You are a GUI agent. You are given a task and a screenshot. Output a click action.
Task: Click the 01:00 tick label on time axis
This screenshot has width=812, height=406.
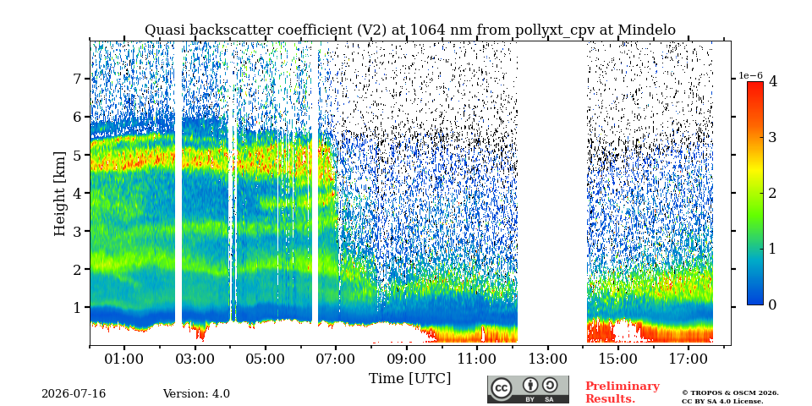[124, 359]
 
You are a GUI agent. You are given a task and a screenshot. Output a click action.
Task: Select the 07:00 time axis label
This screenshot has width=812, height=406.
[336, 359]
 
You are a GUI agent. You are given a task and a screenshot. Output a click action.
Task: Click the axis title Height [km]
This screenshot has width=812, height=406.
[60, 194]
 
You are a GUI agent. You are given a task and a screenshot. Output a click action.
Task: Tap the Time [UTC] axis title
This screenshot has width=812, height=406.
[409, 379]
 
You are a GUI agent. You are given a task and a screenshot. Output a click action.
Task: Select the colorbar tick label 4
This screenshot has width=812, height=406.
[772, 81]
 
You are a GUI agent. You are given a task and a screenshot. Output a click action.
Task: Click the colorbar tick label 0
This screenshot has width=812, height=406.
[772, 305]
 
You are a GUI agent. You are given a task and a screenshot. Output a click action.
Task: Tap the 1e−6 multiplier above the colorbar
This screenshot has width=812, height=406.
[750, 75]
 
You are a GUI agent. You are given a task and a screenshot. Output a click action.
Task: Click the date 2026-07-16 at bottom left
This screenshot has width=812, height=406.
[74, 394]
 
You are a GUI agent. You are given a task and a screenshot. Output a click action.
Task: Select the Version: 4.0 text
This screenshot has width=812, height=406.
[196, 394]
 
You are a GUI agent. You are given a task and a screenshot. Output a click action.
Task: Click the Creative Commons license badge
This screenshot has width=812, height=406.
[528, 389]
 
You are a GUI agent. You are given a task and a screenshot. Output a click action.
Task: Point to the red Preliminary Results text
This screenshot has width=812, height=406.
[623, 392]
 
